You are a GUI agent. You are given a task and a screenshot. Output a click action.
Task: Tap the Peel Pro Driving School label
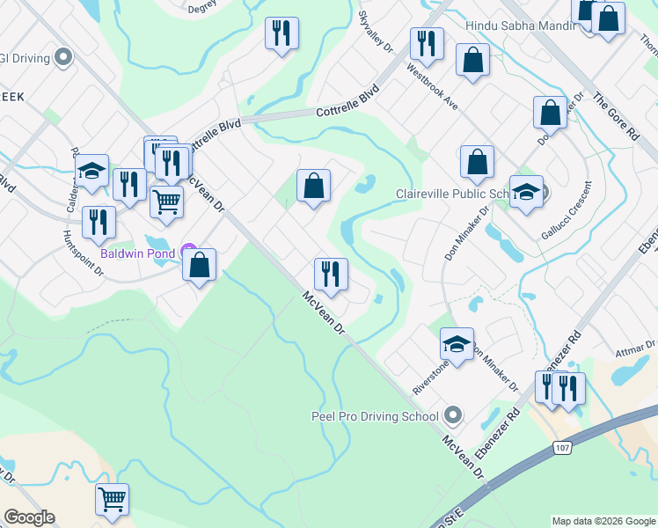click(x=375, y=416)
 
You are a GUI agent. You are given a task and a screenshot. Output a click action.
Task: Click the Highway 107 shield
click(x=563, y=448)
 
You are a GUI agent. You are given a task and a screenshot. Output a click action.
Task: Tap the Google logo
click(x=29, y=517)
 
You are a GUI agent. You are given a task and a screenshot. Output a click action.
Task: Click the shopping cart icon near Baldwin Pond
click(x=166, y=202)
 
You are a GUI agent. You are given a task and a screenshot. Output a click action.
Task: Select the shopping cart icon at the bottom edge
click(x=113, y=499)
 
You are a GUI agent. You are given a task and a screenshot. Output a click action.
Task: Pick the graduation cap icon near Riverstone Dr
click(x=457, y=344)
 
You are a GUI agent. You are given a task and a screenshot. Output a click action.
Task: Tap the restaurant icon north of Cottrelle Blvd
click(x=282, y=33)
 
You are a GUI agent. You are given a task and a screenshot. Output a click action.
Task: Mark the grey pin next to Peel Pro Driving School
click(x=453, y=414)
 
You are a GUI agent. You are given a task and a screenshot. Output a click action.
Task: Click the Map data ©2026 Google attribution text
click(x=603, y=521)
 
